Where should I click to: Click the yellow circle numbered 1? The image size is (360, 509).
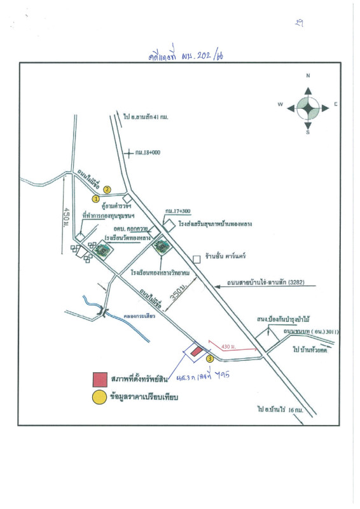pyautogui.click(x=96, y=199)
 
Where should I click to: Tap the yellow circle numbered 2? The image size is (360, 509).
pyautogui.click(x=107, y=189)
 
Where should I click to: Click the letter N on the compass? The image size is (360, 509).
pyautogui.click(x=308, y=75)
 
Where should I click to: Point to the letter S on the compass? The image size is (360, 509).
pyautogui.click(x=308, y=133)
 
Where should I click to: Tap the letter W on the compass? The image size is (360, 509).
pyautogui.click(x=279, y=104)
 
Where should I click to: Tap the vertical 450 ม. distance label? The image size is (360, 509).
pyautogui.click(x=66, y=218)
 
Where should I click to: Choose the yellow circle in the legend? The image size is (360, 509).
pyautogui.click(x=99, y=398)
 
